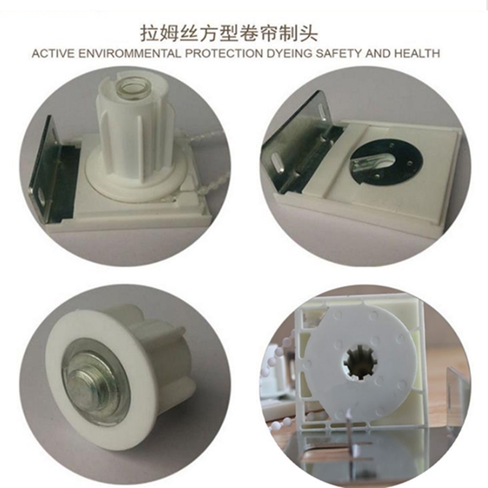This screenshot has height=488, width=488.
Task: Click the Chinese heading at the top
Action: tap(228, 34)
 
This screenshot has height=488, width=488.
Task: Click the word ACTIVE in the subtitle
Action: tap(53, 54)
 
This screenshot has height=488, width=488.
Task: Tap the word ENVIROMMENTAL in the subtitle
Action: tap(129, 54)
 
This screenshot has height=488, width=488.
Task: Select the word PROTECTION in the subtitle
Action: tap(224, 54)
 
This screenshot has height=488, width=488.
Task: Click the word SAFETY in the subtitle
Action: tap(339, 54)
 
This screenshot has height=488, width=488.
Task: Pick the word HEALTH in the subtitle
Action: tap(417, 54)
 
